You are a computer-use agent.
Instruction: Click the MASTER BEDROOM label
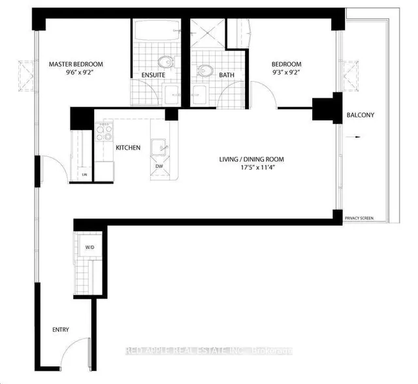point(76,64)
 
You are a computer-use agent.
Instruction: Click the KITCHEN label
point(128,148)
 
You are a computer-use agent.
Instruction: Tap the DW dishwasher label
point(159,166)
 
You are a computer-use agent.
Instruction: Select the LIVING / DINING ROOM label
point(251,159)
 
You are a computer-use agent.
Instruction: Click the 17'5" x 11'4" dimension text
point(251,169)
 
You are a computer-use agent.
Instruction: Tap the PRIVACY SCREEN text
point(359,218)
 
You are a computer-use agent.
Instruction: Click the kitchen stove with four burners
point(104,133)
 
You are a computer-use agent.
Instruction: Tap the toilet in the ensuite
point(167,63)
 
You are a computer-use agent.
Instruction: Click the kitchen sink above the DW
point(159,147)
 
